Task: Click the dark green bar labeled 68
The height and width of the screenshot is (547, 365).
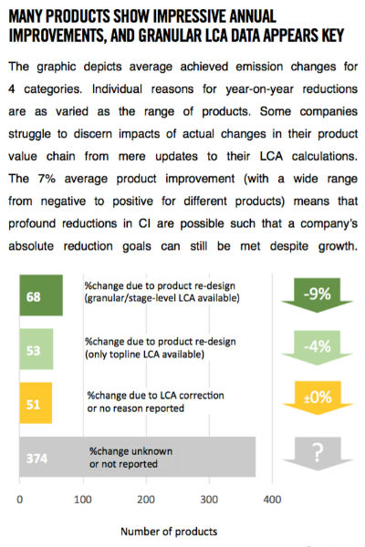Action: coord(41,295)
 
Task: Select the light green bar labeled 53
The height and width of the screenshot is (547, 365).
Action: coord(36,349)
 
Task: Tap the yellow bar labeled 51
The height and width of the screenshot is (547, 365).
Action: coord(36,403)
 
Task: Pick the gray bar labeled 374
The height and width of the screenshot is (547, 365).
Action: coord(138,457)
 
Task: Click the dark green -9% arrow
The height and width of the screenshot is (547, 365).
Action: coord(318,295)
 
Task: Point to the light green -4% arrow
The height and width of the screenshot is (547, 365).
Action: coord(318,348)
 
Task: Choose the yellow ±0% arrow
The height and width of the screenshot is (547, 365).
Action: coord(318,397)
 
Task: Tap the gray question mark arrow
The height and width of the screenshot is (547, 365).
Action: coord(318,453)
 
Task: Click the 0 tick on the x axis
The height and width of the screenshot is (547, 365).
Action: coord(19,500)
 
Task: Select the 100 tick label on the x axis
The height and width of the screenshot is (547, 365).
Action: coord(83,500)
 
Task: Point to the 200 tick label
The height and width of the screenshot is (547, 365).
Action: coord(146,500)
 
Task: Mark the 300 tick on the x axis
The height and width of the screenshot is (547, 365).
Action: coord(209,500)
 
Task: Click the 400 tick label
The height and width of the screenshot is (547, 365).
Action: coord(273,500)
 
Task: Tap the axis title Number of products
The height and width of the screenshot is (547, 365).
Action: coord(169,532)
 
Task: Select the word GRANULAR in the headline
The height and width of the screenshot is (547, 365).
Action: coord(170,36)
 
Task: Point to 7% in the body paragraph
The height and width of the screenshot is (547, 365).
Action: coord(47,179)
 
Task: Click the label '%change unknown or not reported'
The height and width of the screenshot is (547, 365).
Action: coord(130,458)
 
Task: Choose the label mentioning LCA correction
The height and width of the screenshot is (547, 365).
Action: coord(155,401)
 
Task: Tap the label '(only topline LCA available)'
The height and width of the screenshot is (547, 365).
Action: coord(144,355)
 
